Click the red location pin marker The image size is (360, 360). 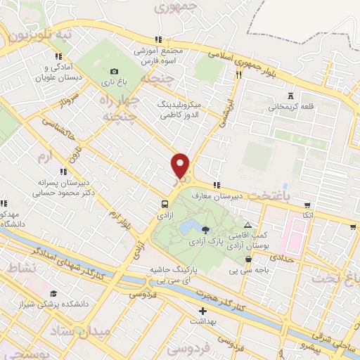[x=181, y=166]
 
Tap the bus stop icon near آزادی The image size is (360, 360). [x=164, y=205]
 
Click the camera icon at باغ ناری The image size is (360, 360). [x=114, y=71]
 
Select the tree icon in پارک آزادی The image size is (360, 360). [x=205, y=229]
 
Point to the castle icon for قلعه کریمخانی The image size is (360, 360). [x=290, y=96]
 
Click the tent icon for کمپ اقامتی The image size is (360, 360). [x=247, y=224]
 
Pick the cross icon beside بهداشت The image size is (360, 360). [x=203, y=310]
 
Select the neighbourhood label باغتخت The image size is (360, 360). [x=282, y=199]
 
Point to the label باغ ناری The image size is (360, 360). [x=116, y=83]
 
